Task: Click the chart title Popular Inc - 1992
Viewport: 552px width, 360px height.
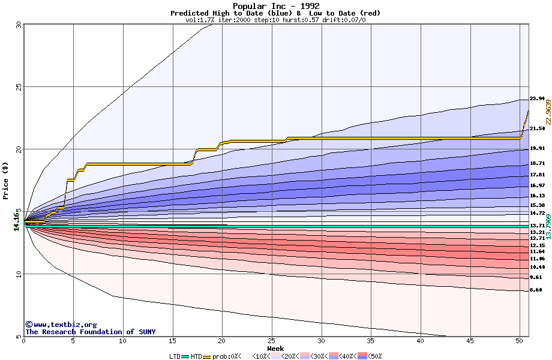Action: click(275, 6)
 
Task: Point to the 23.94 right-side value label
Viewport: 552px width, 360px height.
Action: click(536, 98)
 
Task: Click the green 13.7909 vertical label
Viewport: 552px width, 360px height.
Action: click(548, 227)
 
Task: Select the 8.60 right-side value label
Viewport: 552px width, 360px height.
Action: click(536, 290)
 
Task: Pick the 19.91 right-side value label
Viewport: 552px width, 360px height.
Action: click(536, 148)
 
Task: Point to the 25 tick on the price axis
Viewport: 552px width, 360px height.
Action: click(19, 86)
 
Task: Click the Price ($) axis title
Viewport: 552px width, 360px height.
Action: click(6, 179)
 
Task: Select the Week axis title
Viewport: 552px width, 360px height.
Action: click(275, 349)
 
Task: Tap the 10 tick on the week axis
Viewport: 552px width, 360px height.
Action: click(122, 341)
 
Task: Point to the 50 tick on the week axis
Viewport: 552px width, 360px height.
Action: click(520, 341)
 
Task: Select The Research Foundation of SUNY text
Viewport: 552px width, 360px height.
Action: click(90, 332)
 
